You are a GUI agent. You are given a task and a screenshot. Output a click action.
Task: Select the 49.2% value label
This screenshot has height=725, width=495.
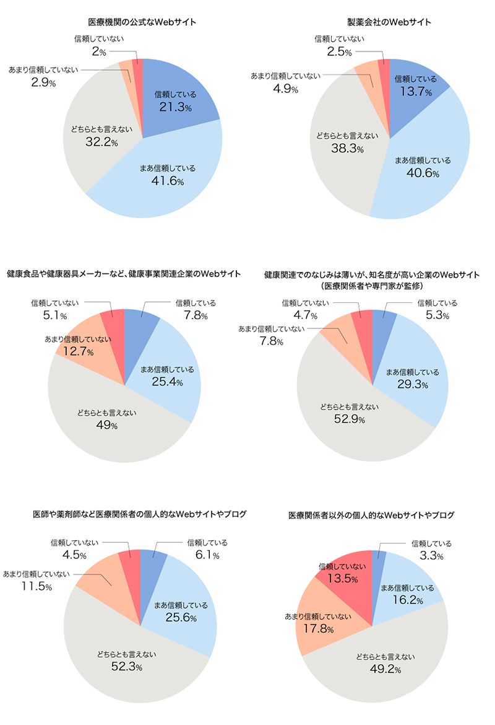click(385, 669)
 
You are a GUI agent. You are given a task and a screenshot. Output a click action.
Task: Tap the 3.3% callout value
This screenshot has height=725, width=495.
click(431, 556)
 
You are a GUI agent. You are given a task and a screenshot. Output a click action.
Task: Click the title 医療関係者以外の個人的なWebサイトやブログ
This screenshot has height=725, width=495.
click(372, 515)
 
